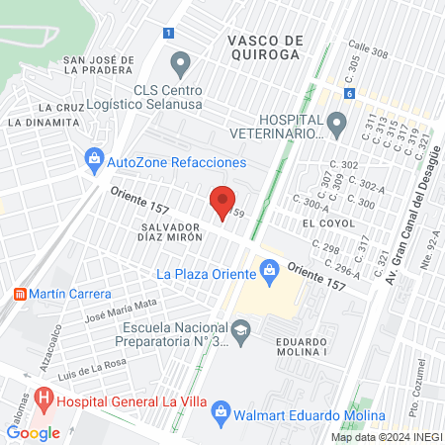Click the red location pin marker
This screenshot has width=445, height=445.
tap(223, 202)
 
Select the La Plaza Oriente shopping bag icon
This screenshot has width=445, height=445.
tap(269, 268)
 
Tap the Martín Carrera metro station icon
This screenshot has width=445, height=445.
tap(17, 295)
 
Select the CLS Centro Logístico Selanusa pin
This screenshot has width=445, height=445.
tap(180, 66)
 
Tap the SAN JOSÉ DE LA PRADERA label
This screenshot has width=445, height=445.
tap(98, 64)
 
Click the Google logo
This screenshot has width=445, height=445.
tap(33, 432)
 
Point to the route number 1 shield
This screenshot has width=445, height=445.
tap(169, 33)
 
